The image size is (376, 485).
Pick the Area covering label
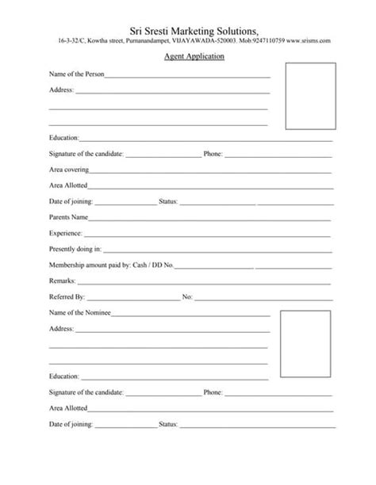coord(69,170)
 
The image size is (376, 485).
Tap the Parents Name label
coord(68,216)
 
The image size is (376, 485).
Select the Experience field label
coord(65,233)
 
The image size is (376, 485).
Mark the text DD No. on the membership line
coord(163,264)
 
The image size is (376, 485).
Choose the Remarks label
coord(62,281)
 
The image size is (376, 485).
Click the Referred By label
coord(67,296)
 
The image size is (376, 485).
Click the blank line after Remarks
coord(203,282)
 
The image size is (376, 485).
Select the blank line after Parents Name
coord(209,219)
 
